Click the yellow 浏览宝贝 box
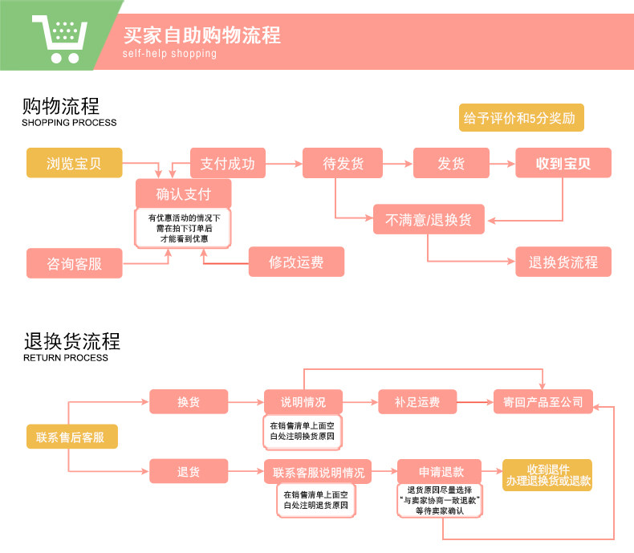click(x=75, y=163)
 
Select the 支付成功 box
click(x=227, y=163)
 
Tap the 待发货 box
click(x=343, y=163)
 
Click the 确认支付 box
click(x=183, y=193)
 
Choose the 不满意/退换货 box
click(x=429, y=219)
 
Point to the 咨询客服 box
click(x=75, y=262)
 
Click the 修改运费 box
click(x=295, y=262)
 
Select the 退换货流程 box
click(x=563, y=262)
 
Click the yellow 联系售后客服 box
click(x=71, y=437)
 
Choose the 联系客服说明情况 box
click(x=318, y=472)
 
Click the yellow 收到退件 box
click(x=547, y=474)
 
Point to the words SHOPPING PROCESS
click(x=69, y=123)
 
